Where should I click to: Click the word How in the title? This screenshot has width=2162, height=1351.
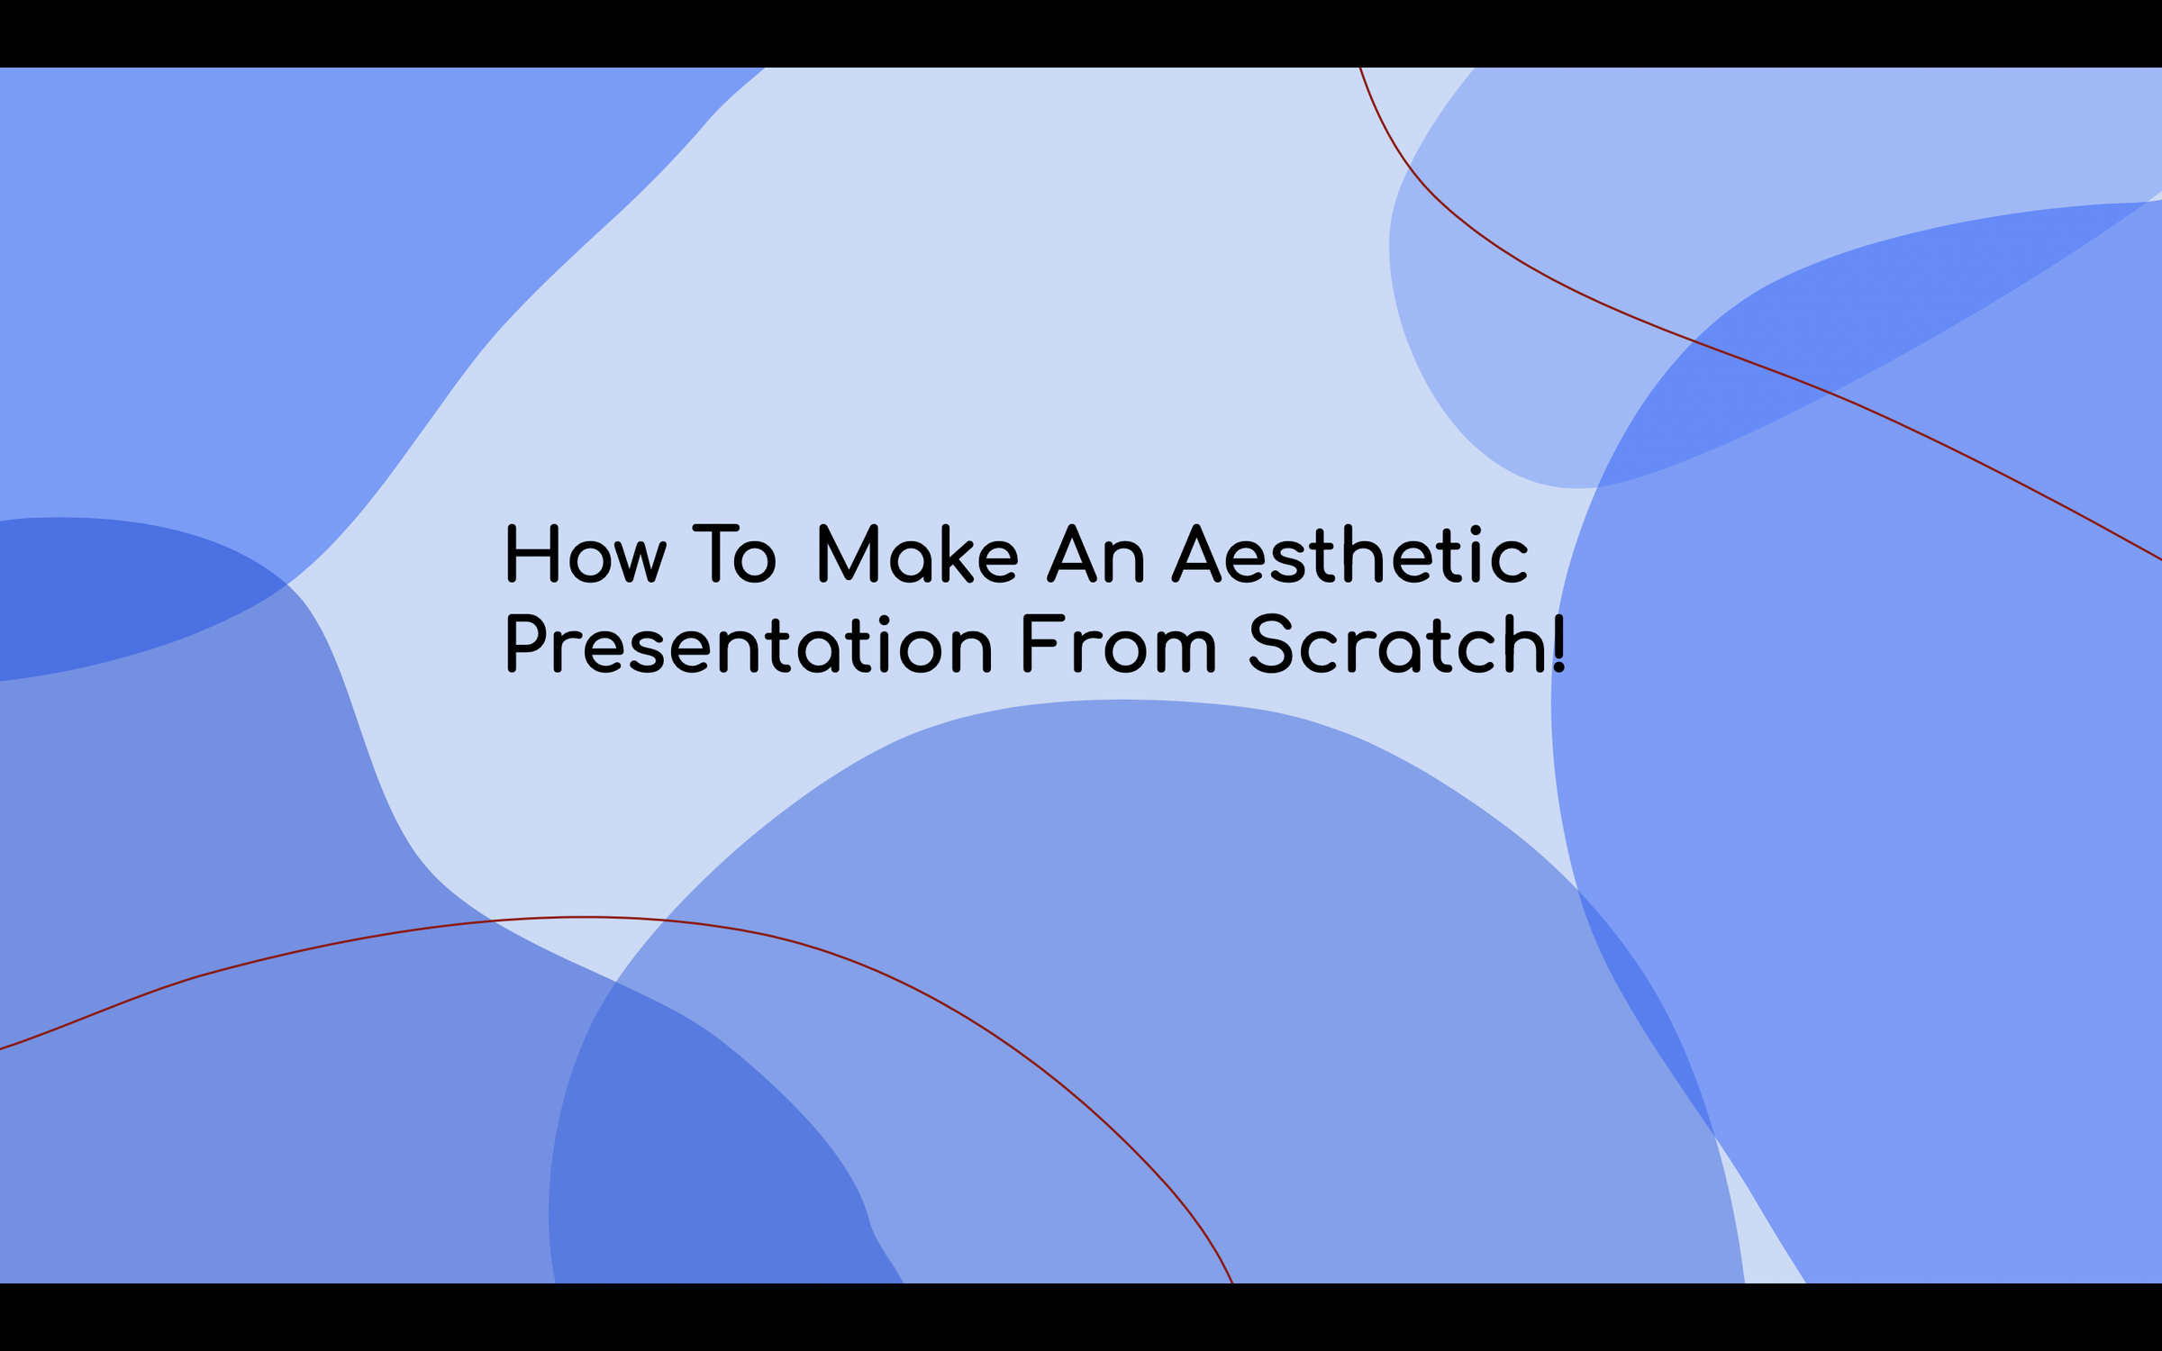(586, 556)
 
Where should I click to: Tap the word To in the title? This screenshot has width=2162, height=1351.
(733, 556)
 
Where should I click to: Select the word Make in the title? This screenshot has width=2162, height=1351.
(917, 556)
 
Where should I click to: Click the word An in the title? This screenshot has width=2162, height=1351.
(1095, 556)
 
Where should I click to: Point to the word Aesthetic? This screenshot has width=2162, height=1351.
(1349, 556)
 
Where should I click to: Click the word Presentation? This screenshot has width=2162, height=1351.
(749, 645)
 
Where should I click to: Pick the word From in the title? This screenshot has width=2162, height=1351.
(1118, 645)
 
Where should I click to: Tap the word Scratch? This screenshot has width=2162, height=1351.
(1394, 645)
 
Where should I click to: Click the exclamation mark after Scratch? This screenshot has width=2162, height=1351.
(1559, 645)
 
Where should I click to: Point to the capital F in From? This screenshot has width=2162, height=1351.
(1039, 645)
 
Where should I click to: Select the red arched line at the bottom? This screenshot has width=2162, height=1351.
(586, 917)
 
